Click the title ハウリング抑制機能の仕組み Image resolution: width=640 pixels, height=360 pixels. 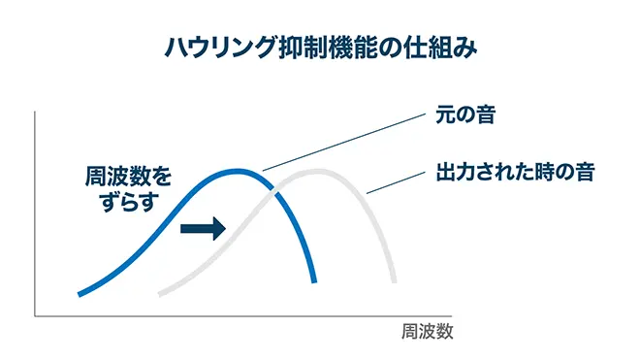(319, 49)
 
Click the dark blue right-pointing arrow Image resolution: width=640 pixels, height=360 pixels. (207, 228)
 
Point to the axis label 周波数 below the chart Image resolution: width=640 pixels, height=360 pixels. (428, 330)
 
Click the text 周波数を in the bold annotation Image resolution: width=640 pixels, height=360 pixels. (126, 178)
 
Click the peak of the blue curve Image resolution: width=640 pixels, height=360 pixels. (238, 171)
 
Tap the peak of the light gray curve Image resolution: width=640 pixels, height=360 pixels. (315, 171)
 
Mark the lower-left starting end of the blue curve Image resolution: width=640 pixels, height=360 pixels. (80, 292)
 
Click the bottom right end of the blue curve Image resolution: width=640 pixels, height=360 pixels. (315, 281)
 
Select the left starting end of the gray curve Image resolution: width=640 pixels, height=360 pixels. (160, 292)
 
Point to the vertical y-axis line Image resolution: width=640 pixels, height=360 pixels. (36, 213)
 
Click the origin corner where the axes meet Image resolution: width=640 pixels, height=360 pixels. (36, 315)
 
